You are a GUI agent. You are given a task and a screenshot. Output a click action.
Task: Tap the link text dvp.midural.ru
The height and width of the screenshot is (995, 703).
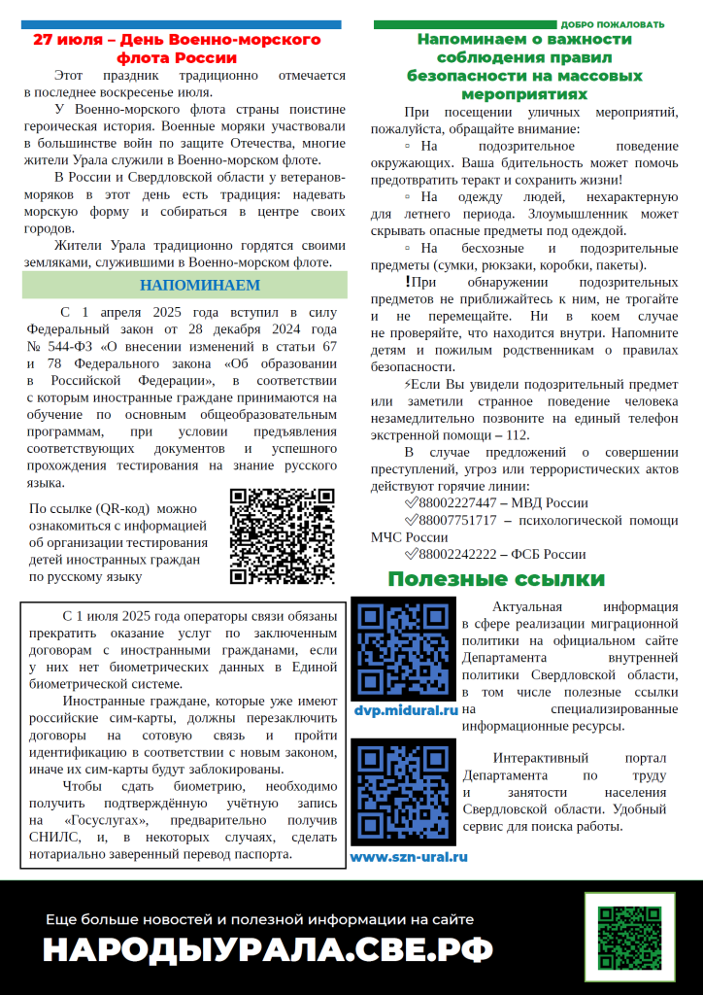click(405, 711)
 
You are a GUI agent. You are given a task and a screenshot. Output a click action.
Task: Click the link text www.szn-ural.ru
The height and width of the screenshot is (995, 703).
click(409, 857)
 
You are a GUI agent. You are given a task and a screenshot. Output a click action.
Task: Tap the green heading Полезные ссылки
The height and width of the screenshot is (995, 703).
click(496, 579)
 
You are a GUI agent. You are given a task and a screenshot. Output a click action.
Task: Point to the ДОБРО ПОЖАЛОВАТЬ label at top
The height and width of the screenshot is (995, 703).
click(613, 24)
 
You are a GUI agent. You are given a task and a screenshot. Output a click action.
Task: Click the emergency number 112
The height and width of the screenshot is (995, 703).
click(518, 434)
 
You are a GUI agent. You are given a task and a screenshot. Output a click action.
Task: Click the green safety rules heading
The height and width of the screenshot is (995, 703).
click(524, 66)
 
